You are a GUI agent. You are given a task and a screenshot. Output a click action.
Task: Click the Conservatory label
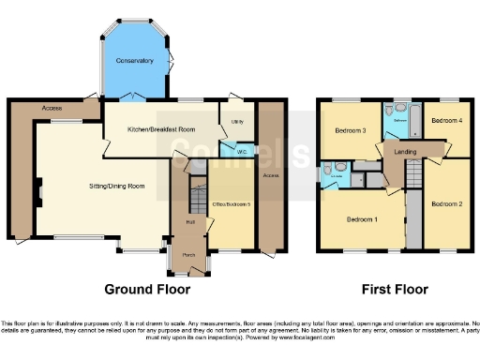[x=134, y=61]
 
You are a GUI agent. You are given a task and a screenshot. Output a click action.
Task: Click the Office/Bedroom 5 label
[x=232, y=204]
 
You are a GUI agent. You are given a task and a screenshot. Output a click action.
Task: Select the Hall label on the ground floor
[x=190, y=222]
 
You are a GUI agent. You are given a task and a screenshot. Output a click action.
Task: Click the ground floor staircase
[x=198, y=197]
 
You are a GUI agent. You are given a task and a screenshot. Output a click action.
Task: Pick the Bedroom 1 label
[x=362, y=219]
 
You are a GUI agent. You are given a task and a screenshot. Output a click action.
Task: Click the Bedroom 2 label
[x=445, y=202]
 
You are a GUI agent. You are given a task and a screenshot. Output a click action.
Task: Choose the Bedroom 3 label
[x=350, y=130]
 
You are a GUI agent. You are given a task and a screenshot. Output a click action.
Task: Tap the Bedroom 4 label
[x=446, y=120]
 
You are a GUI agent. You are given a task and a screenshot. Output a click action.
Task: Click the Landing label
[x=406, y=151]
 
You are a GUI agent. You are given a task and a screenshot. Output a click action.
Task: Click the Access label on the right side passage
[x=271, y=175]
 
